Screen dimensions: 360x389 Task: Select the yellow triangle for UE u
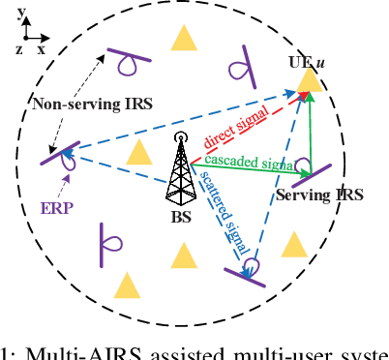[x=309, y=78]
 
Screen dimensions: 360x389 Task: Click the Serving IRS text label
[x=319, y=195]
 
